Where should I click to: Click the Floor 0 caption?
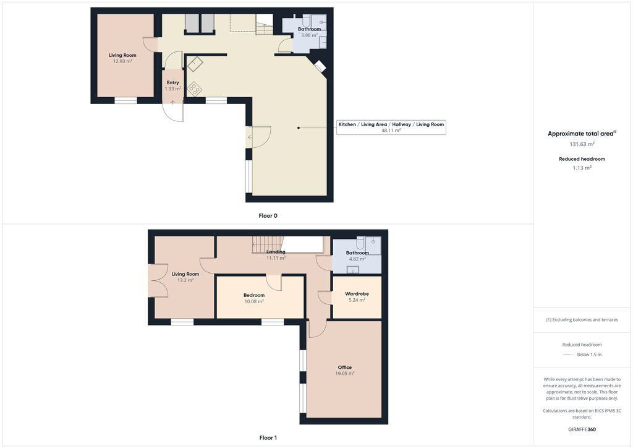click(x=268, y=216)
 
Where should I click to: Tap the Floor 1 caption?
click(x=268, y=438)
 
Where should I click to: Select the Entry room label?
click(x=173, y=82)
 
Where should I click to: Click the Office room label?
click(x=345, y=367)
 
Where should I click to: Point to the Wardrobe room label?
click(x=357, y=294)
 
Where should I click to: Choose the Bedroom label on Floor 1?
click(x=254, y=295)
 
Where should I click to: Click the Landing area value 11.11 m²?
click(x=276, y=258)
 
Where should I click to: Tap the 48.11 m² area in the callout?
click(x=391, y=131)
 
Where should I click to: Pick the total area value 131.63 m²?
click(x=582, y=144)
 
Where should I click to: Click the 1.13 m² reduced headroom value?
click(x=582, y=168)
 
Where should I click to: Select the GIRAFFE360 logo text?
click(x=582, y=429)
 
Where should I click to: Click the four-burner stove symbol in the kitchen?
click(x=195, y=89)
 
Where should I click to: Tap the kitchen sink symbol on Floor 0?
click(x=195, y=64)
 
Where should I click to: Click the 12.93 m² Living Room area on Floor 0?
click(x=123, y=61)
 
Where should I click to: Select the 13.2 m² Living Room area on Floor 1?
click(x=185, y=280)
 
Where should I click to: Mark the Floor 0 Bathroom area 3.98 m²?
click(x=309, y=35)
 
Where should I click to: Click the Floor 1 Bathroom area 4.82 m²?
click(x=357, y=259)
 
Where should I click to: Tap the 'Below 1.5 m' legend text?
click(x=589, y=355)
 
